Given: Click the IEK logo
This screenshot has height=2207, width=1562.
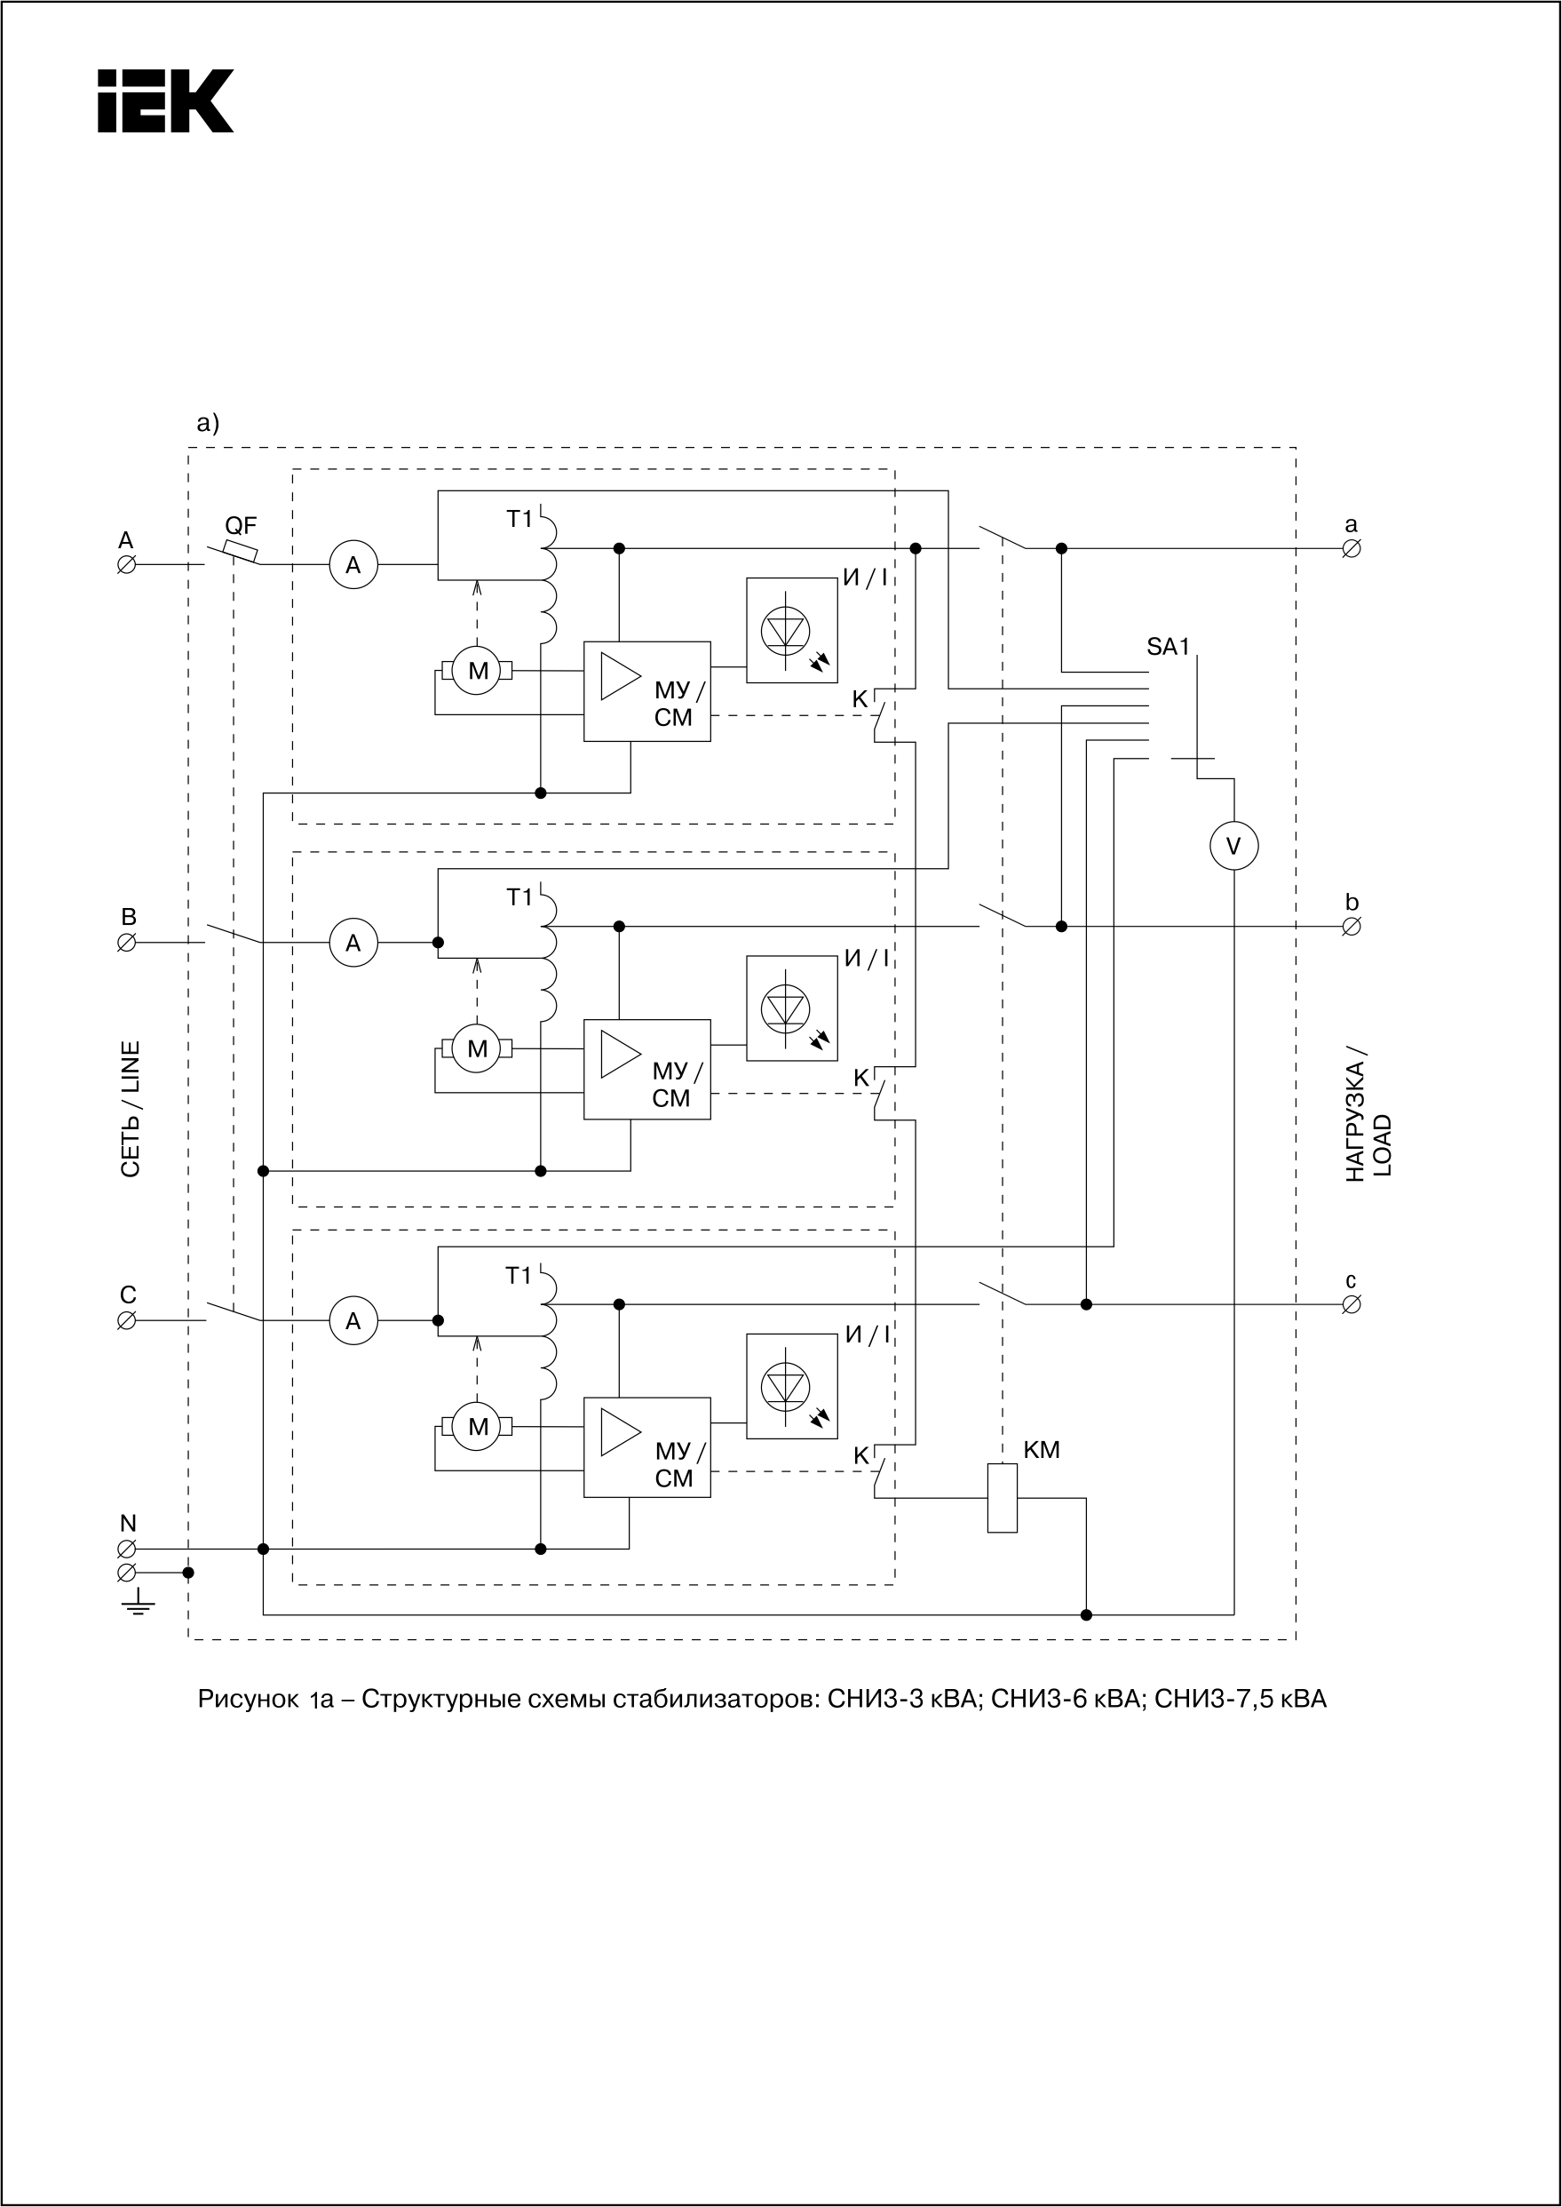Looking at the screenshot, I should click(165, 101).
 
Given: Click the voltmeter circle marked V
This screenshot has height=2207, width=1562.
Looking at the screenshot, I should click(1233, 847).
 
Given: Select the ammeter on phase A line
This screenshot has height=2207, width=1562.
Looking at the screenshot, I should click(353, 566).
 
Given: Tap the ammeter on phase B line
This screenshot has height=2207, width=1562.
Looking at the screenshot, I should click(353, 943).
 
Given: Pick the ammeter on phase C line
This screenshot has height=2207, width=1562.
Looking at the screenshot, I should click(353, 1321).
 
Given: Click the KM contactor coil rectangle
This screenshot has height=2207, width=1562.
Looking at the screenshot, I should click(1003, 1498).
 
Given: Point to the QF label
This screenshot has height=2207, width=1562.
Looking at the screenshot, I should click(241, 525).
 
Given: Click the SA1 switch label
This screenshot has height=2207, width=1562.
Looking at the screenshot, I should click(1168, 648).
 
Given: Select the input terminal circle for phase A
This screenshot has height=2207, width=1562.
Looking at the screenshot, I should click(126, 566).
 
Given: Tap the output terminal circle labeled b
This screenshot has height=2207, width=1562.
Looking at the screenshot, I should click(1351, 927).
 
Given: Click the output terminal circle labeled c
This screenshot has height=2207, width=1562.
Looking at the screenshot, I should click(1351, 1304).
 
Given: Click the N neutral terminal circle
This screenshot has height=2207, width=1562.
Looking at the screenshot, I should click(126, 1549).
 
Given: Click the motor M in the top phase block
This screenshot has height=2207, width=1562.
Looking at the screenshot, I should click(477, 671).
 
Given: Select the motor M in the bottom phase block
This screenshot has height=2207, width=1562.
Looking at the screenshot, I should click(477, 1427).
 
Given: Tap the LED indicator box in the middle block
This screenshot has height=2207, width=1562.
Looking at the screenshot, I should click(791, 1008).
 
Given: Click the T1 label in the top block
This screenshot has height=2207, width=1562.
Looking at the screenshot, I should click(519, 520).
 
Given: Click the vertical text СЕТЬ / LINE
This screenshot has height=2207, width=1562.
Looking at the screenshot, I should click(130, 1108).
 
